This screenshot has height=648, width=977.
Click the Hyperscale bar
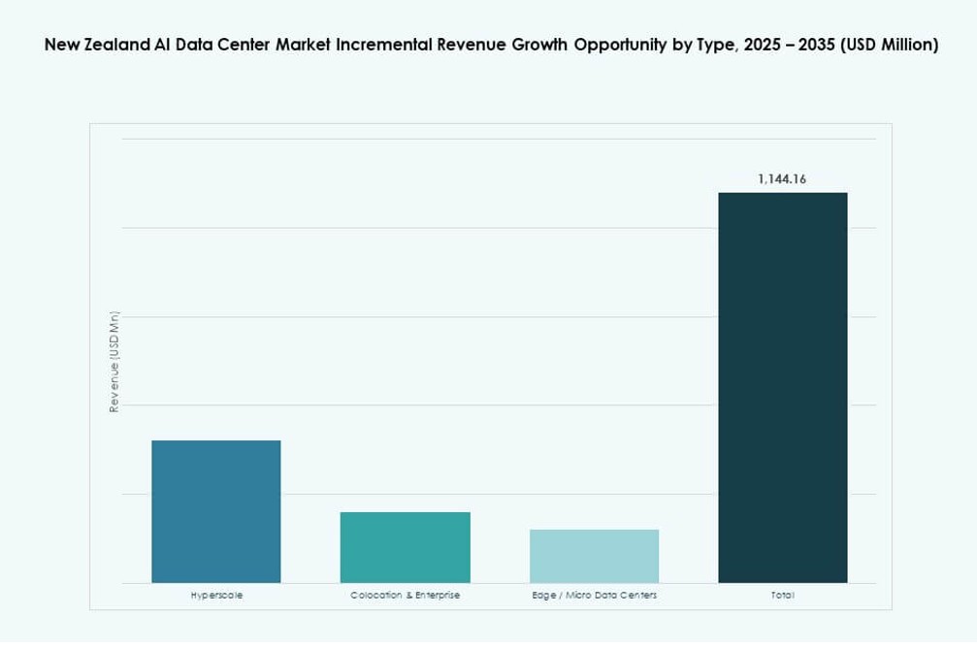coord(216,511)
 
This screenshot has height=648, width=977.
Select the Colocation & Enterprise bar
coord(405,547)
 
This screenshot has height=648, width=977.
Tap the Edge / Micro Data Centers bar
coord(594,556)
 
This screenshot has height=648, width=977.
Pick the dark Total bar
coord(782,387)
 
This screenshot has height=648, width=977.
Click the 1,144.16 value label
coord(782,179)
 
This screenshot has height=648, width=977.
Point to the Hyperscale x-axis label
coord(216,595)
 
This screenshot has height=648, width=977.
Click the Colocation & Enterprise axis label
coord(405,595)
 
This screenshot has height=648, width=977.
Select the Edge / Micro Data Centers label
coord(594,595)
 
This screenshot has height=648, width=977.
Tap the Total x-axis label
coord(782,595)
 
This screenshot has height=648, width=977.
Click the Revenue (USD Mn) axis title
coord(114,362)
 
